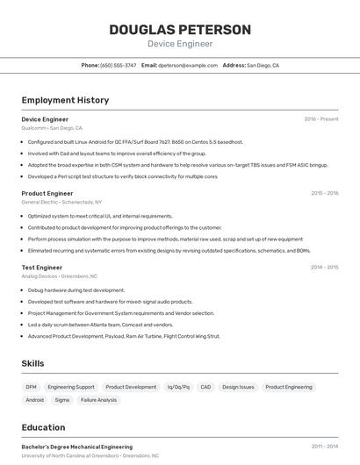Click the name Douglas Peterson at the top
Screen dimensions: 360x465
tap(180, 29)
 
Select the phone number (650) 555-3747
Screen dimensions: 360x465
tap(119, 65)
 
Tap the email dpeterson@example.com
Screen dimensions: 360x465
tap(188, 65)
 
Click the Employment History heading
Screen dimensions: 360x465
tap(65, 100)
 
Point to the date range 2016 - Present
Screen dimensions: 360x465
tap(321, 119)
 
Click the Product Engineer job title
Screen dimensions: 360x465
tap(47, 193)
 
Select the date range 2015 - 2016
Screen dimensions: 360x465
tap(324, 193)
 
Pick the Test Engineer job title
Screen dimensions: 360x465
tap(42, 267)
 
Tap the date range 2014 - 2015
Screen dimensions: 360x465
tap(324, 267)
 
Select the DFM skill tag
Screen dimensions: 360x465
tap(31, 387)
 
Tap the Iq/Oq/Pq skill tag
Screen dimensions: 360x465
tap(178, 387)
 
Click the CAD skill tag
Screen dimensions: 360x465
tap(205, 387)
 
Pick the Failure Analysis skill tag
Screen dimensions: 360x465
tap(98, 400)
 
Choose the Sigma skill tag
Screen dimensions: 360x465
tap(61, 400)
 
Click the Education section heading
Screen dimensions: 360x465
tap(43, 427)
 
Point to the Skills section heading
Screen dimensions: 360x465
tap(33, 363)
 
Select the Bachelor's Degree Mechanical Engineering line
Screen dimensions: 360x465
tap(77, 447)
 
